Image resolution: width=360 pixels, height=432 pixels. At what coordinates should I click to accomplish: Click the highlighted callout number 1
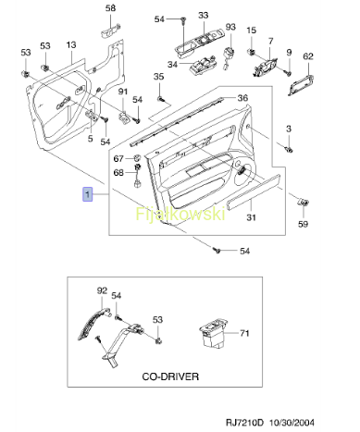pos(88,194)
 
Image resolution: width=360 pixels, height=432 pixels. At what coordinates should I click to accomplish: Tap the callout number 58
pos(110,8)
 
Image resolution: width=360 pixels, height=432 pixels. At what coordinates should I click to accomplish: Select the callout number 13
pos(71,45)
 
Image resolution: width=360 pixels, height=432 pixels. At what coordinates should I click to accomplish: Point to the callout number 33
pos(204,15)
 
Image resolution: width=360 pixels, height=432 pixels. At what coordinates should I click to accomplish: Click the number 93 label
pos(230,27)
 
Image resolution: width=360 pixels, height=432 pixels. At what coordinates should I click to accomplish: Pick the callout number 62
pos(308,56)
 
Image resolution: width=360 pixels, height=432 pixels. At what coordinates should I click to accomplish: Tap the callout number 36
pos(242,98)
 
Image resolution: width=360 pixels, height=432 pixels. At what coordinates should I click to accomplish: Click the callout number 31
pos(251,217)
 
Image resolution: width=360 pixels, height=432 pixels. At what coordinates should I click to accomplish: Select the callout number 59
pos(303,224)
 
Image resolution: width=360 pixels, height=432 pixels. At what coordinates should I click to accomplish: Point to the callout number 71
pos(244,333)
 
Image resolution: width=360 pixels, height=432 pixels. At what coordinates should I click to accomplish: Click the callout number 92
pos(102,290)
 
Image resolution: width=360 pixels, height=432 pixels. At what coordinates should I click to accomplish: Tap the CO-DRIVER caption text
pos(170,376)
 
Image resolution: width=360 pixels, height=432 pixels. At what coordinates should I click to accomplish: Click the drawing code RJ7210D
pos(245,422)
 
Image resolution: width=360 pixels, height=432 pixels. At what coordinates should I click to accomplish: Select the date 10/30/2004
pos(292,422)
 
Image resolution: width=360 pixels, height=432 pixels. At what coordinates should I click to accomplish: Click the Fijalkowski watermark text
pos(180,214)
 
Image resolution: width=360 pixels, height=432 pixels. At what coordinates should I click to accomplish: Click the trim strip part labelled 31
pos(254,191)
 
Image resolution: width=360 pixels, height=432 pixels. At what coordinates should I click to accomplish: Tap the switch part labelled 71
pos(214,334)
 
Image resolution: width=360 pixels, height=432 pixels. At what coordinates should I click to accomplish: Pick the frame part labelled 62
pos(301,84)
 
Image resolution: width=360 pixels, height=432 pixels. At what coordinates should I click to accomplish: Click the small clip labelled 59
pos(303,202)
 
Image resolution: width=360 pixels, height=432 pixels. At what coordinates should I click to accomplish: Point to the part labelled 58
pos(110,31)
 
